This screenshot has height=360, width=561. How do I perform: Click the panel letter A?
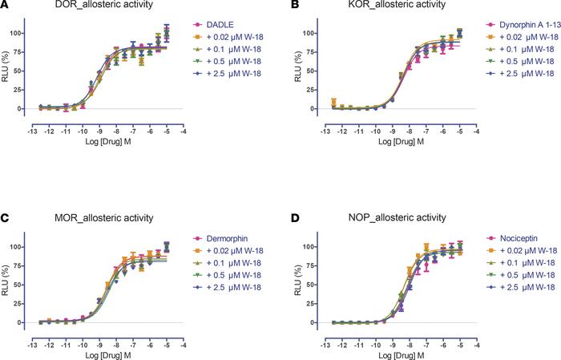6,6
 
